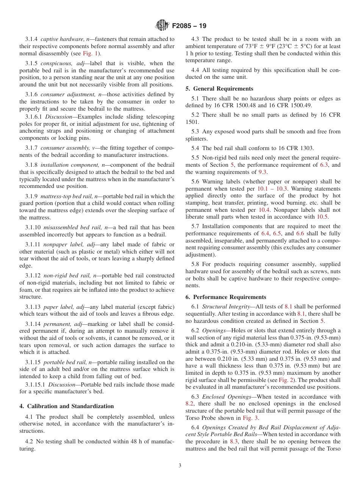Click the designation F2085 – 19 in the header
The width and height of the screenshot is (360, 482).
pos(189,26)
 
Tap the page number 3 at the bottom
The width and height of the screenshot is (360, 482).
pos(180,466)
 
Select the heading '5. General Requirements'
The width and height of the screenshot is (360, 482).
pos(219,89)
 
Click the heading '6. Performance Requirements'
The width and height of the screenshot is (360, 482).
pos(225,297)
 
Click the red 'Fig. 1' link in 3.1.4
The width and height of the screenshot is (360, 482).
pos(91,53)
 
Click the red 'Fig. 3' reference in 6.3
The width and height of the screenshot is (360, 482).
pos(250,418)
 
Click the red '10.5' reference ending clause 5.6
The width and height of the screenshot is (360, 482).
pos(322,217)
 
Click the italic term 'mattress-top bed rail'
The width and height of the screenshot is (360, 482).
pos(67,196)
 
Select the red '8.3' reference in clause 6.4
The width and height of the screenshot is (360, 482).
pos(235,441)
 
